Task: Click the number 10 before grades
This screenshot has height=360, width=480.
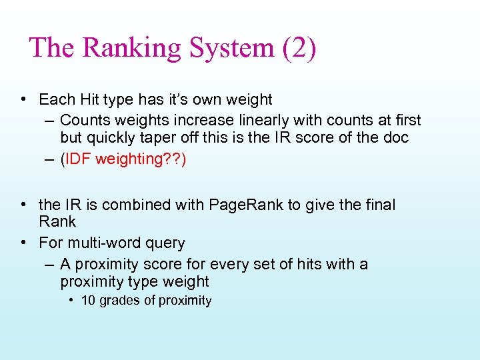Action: [x=88, y=301]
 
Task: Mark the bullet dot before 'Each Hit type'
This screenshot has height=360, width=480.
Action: [x=23, y=100]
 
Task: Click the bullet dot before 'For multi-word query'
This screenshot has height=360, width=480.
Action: [x=23, y=243]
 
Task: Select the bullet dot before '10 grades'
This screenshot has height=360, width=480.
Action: [x=71, y=301]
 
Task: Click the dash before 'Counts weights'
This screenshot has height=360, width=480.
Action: [x=49, y=121]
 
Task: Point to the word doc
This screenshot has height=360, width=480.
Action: [x=395, y=138]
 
